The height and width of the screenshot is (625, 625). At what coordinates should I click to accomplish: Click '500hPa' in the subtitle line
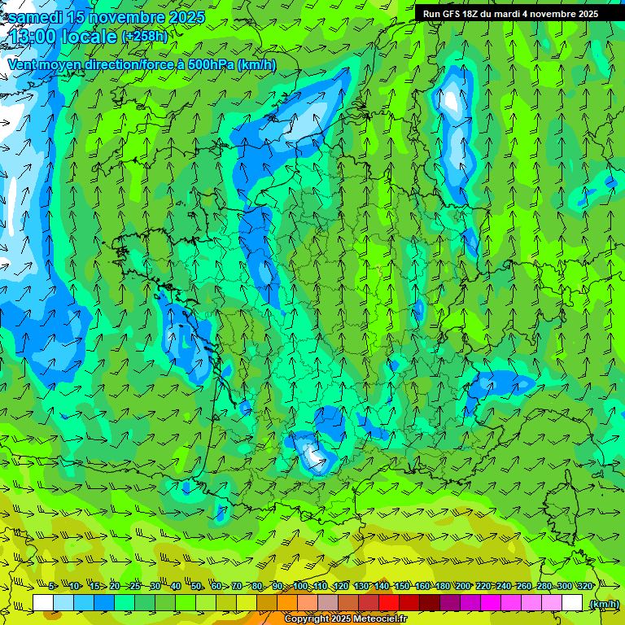(x=211, y=64)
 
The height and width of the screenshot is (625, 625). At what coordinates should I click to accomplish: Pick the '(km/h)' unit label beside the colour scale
(x=603, y=603)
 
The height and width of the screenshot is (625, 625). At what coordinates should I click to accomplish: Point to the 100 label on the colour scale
(x=299, y=586)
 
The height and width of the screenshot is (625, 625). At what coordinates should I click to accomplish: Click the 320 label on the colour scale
(x=584, y=586)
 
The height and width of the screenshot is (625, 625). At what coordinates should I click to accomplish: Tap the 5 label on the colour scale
(x=52, y=586)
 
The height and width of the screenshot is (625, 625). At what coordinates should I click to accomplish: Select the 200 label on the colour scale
(x=462, y=586)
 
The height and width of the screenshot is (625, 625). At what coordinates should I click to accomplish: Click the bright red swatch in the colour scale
(x=389, y=603)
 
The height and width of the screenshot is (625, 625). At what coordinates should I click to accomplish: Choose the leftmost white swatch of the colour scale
(x=43, y=603)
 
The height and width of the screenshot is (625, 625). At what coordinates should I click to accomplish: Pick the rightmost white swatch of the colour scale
(x=572, y=603)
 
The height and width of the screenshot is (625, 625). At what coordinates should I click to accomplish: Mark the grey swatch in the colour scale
(x=328, y=603)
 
